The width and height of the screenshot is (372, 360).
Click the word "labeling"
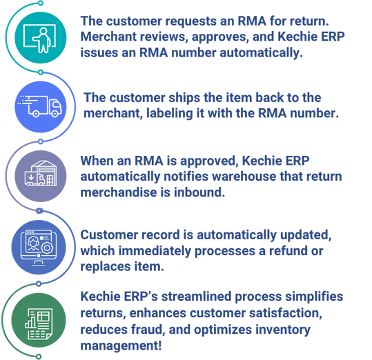169,114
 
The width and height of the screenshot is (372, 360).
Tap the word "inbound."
199,192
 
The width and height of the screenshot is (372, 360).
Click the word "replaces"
106,267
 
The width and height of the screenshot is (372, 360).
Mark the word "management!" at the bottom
121,346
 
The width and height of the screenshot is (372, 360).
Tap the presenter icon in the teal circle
40,38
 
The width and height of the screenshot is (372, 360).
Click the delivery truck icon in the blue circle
40,106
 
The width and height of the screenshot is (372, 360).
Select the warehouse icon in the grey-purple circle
41,173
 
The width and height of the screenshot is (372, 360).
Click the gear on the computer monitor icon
47,248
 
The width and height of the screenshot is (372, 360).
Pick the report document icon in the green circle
39,323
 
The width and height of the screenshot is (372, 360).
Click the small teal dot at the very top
41,3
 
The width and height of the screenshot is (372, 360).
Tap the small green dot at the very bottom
39,357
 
